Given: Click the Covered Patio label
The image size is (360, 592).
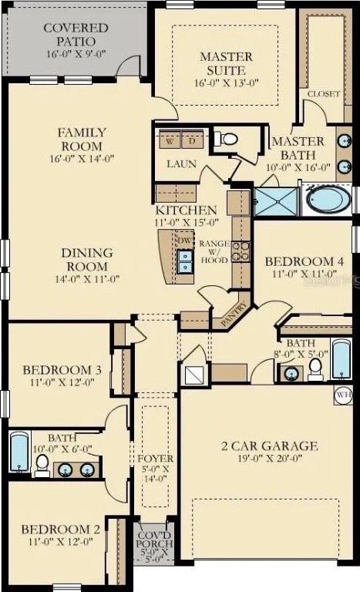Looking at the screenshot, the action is coord(76,35).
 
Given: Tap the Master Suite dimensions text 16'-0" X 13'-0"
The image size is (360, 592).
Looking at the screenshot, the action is coord(227,83).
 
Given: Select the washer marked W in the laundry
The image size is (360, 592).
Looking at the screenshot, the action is coord(170,140).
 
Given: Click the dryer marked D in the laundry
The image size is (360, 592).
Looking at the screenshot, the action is coord(193,140).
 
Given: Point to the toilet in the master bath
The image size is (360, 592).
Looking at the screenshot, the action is coord(226,139).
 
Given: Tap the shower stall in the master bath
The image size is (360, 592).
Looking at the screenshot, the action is coord(277,202).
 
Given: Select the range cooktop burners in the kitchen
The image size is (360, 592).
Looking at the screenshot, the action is coord(241,251).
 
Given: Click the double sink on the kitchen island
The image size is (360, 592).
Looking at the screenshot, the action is coord(185,261).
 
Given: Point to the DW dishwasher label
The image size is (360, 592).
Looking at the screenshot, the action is coord(184,240).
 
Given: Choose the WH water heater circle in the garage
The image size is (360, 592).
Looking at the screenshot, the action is coord(343,395).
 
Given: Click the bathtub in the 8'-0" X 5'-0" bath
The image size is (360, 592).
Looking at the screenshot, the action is coord(341,358).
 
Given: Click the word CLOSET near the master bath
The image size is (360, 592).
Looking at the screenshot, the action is coord(324,94).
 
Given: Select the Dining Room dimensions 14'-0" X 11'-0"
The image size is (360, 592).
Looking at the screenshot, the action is coord(87,279).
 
